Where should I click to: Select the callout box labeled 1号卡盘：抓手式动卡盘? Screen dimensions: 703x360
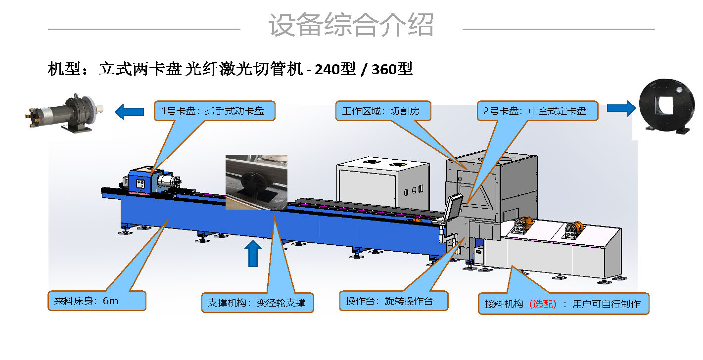[215, 111]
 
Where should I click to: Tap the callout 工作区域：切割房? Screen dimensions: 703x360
[383, 111]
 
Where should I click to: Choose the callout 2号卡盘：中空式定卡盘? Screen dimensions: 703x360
[538, 111]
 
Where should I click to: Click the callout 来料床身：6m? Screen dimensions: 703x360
[97, 301]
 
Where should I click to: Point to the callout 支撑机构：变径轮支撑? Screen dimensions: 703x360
[258, 303]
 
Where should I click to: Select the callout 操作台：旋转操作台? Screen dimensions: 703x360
[394, 301]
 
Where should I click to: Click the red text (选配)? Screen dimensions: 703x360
[543, 304]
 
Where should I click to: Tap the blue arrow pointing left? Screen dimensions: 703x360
[129, 112]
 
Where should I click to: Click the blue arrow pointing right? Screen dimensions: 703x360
[621, 108]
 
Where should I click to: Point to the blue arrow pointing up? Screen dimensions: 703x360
[253, 254]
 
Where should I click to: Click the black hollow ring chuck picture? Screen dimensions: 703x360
[667, 107]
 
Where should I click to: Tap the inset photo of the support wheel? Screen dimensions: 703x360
[256, 182]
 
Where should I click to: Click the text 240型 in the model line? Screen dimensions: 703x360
[335, 69]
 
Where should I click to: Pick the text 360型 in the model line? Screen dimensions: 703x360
[392, 69]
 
